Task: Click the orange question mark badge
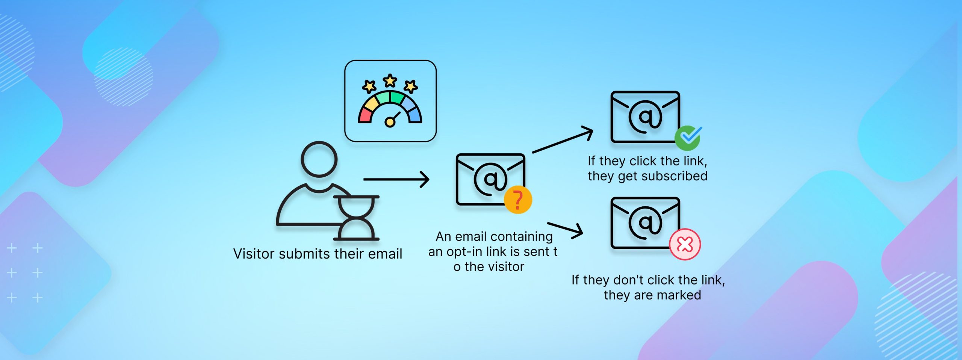pyautogui.click(x=518, y=200)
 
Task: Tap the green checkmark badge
pyautogui.click(x=688, y=138)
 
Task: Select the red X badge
pyautogui.click(x=685, y=244)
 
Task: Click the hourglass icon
pyautogui.click(x=356, y=218)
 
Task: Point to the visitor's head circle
pyautogui.click(x=319, y=159)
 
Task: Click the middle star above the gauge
pyautogui.click(x=390, y=80)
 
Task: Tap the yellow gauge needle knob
pyautogui.click(x=390, y=122)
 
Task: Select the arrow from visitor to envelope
pyautogui.click(x=396, y=179)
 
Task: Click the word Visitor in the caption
pyautogui.click(x=254, y=254)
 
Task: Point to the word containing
pyautogui.click(x=522, y=237)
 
